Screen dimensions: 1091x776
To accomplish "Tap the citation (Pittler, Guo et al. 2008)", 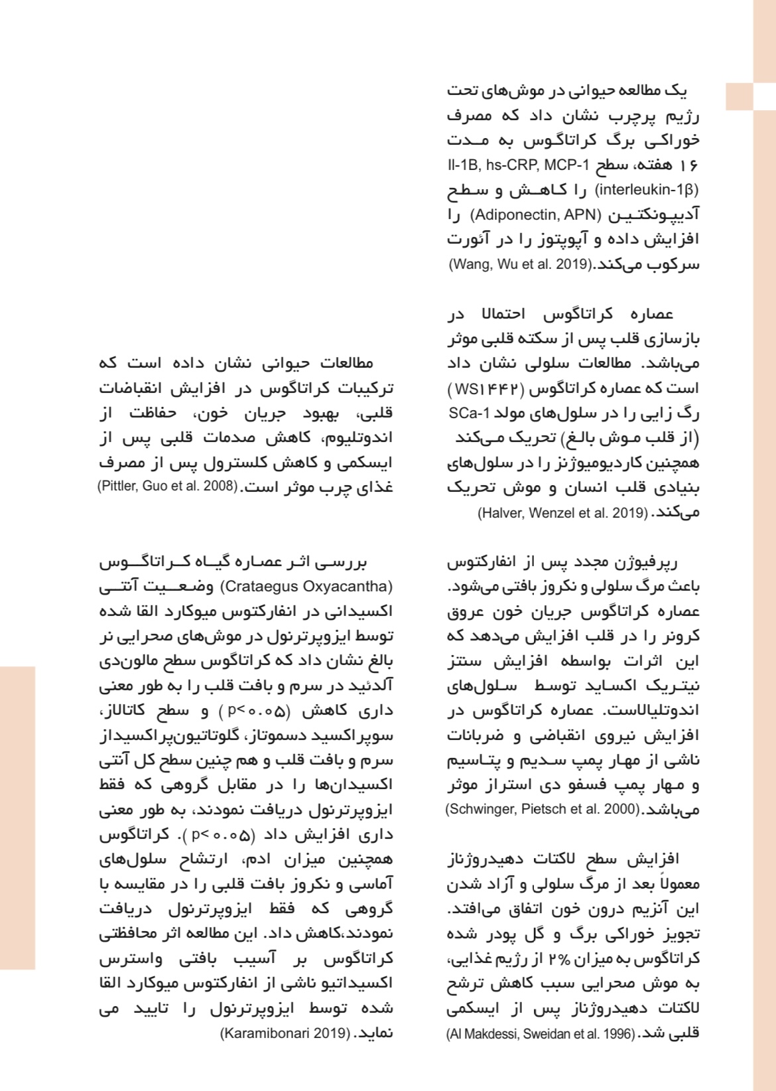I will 168,486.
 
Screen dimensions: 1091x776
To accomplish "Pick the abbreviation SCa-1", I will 468,413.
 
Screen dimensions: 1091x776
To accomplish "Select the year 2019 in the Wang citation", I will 572,264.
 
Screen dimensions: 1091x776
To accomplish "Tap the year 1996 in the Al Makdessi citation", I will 618,1033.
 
